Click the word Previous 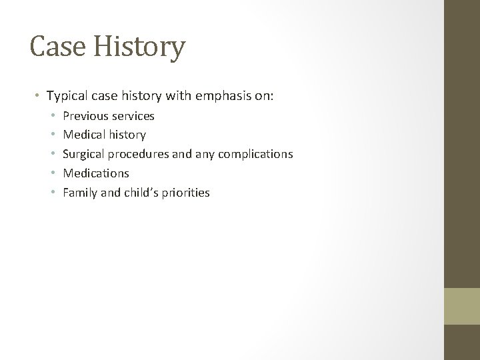(x=85, y=116)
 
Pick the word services (x=132, y=116)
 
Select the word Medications (x=95, y=173)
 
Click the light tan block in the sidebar (x=462, y=306)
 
